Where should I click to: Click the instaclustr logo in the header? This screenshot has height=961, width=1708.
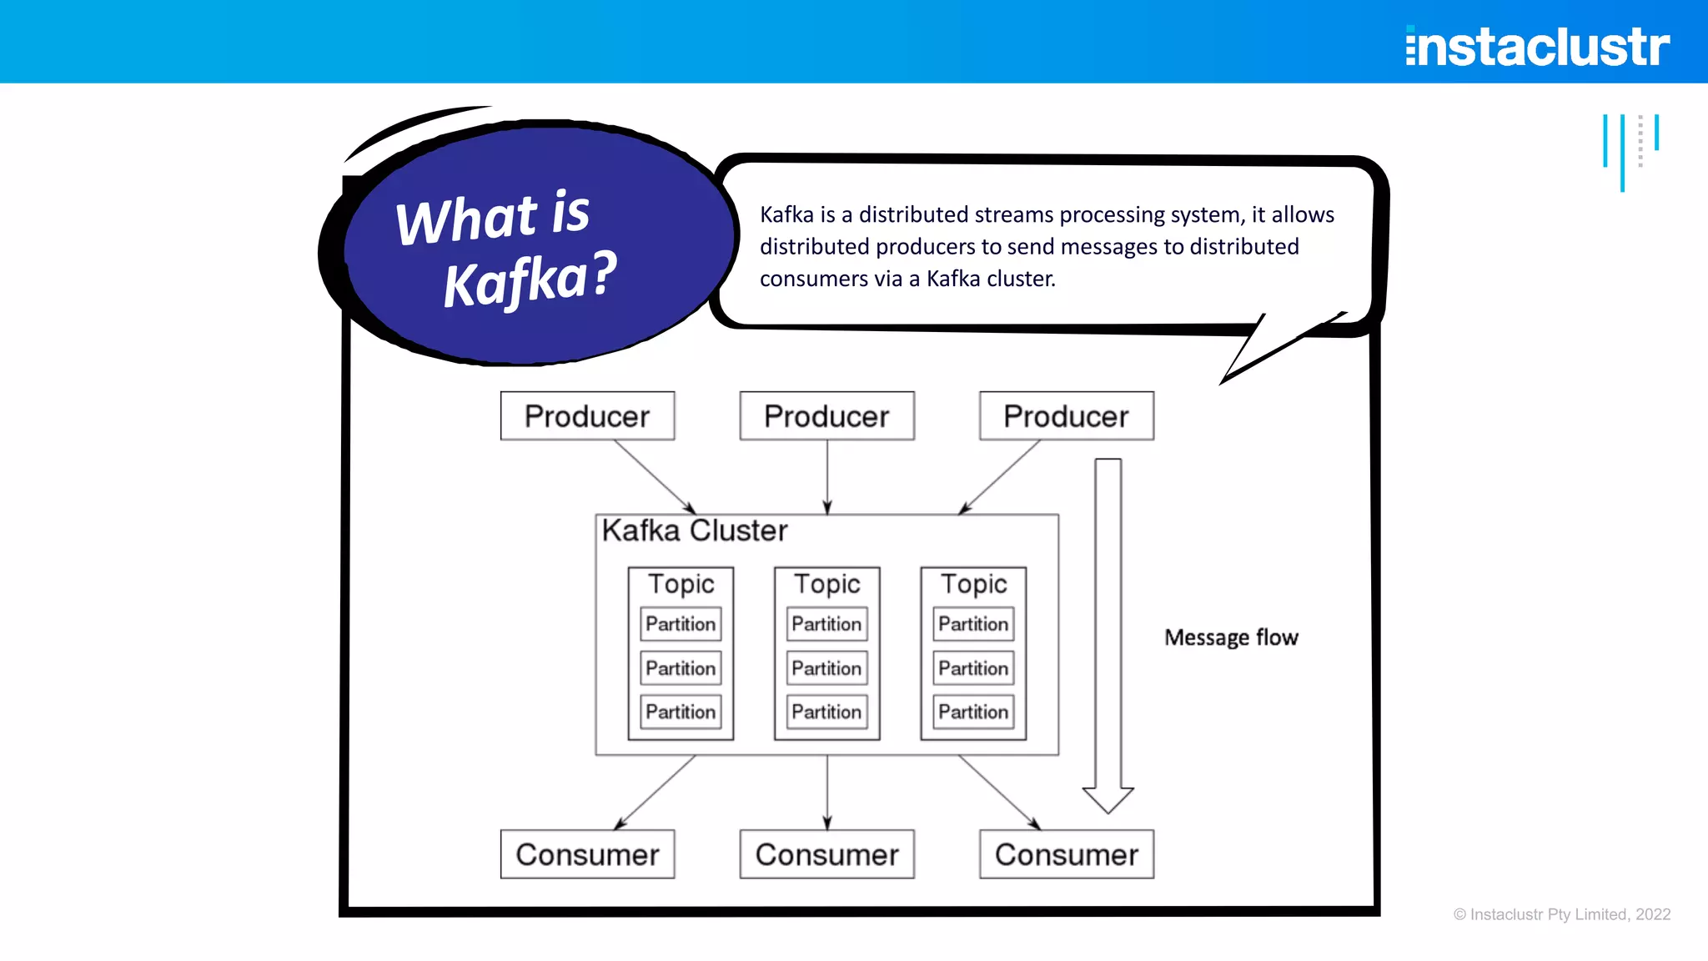point(1537,46)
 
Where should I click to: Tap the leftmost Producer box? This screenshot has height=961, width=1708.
point(587,415)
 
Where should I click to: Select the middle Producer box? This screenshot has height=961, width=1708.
point(826,415)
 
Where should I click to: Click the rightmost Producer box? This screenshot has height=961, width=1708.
point(1066,415)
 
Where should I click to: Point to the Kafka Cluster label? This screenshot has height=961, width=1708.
point(695,531)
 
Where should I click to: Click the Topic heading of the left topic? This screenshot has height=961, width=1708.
point(681,584)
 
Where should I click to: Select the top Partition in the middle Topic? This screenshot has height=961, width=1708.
point(826,624)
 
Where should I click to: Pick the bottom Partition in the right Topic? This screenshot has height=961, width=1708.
point(973,712)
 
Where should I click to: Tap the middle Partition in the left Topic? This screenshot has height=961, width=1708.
point(681,668)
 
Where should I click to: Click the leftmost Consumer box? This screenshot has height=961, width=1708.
point(587,854)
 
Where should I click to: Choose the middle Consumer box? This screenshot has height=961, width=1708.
point(826,854)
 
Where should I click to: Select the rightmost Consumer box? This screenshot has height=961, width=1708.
point(1066,854)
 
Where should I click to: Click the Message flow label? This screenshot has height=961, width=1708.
point(1231,637)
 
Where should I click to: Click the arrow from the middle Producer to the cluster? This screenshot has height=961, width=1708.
point(827,475)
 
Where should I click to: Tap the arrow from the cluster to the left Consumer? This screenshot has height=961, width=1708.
point(656,792)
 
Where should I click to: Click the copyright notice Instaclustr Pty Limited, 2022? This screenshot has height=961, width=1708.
point(1562,914)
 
